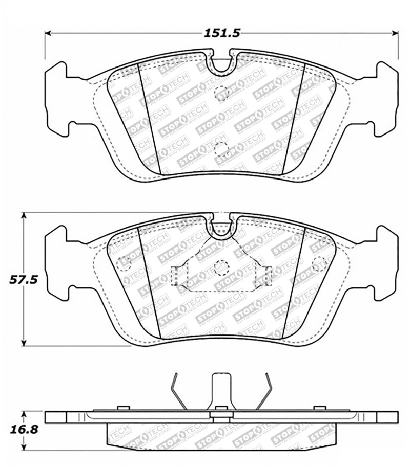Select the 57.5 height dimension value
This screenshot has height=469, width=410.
pos(23,280)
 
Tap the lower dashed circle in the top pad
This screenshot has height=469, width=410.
pos(221,149)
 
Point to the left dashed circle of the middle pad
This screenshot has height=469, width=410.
pos(124,263)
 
